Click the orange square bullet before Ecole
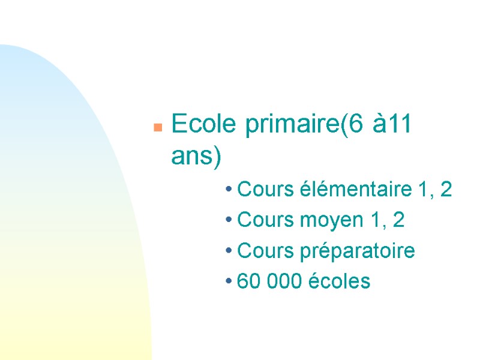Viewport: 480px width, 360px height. pyautogui.click(x=157, y=127)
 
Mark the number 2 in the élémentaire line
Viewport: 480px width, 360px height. pyautogui.click(x=445, y=191)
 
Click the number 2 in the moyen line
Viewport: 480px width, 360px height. pyautogui.click(x=398, y=221)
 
